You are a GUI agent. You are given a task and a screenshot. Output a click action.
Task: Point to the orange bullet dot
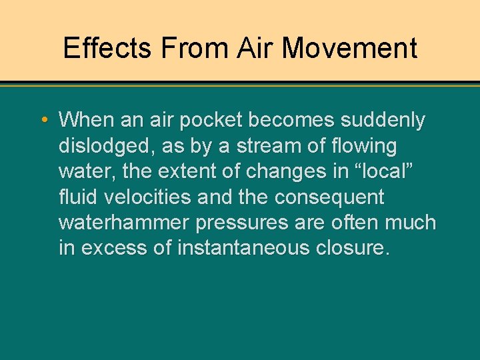pos(43,121)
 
